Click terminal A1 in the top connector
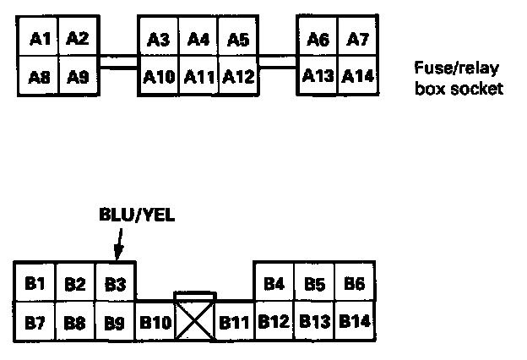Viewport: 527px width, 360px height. coord(39,39)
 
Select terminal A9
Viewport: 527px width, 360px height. coord(78,77)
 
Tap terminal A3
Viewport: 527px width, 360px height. coord(158,39)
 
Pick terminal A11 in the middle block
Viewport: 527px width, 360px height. coord(198,77)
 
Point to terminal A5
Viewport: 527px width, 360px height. coord(238,39)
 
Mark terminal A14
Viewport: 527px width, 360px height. coord(358,77)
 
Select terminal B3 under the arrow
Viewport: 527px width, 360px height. coord(115,282)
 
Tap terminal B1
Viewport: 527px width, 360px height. coord(35,282)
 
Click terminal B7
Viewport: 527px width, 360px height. coord(35,321)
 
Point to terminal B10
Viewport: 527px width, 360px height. coord(155,321)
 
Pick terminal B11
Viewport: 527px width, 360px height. coord(234,321)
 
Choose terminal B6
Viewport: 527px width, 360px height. coord(355,282)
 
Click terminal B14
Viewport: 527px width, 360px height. coord(356,321)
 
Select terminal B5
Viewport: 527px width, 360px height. coord(315,282)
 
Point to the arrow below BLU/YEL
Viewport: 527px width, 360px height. coord(117,244)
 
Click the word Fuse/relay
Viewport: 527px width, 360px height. coord(456,68)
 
